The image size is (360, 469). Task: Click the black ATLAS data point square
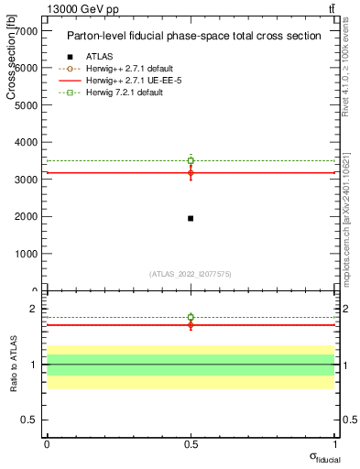tap(191, 218)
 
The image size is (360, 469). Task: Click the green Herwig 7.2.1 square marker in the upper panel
tap(191, 160)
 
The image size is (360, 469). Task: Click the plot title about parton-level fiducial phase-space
tap(194, 36)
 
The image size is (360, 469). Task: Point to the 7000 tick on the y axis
tap(27, 31)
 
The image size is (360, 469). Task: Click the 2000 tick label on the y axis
tap(27, 217)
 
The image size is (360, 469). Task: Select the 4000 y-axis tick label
tap(27, 143)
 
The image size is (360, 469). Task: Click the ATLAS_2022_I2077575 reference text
tap(191, 273)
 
